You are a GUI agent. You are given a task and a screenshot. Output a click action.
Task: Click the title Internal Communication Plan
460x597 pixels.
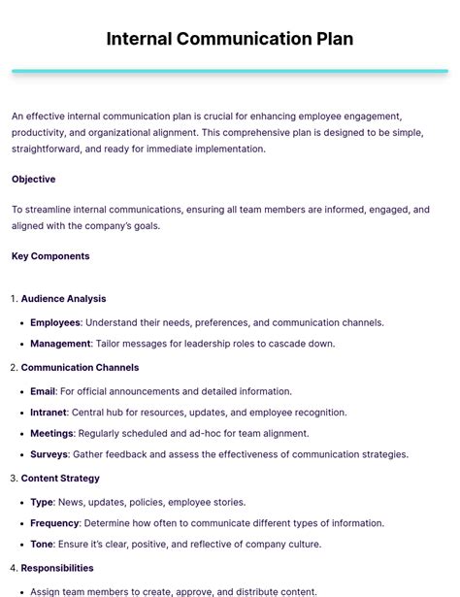(230, 40)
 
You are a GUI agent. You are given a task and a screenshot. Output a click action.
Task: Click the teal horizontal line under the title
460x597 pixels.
(230, 71)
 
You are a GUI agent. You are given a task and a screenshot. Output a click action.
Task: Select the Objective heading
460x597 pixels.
(33, 180)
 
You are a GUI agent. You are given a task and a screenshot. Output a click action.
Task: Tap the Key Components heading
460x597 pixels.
(50, 256)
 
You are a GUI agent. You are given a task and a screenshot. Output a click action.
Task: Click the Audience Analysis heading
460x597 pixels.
(63, 299)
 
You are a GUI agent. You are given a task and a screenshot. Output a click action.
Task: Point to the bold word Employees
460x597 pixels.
(55, 323)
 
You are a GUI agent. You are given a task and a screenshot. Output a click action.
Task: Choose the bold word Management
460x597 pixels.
(60, 344)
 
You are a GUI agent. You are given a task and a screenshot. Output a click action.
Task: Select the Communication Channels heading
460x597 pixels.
(80, 368)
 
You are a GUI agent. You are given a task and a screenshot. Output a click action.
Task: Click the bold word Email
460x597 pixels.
(43, 392)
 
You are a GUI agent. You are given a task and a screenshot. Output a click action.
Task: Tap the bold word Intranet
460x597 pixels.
(48, 413)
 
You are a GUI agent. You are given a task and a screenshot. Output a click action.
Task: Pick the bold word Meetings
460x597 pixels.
(51, 434)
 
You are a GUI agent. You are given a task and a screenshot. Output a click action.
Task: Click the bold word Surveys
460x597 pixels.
(49, 454)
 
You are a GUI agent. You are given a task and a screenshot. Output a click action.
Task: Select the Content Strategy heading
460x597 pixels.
(60, 479)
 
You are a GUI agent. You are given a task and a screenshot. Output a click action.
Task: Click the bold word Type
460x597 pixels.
(42, 503)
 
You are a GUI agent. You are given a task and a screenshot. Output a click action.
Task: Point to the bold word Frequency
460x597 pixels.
(54, 523)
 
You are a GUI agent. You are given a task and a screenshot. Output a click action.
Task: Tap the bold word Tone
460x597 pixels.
(42, 545)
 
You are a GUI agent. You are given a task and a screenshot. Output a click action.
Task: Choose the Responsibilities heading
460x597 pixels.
(57, 568)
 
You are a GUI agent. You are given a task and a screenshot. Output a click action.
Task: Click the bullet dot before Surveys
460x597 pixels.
(20, 454)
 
